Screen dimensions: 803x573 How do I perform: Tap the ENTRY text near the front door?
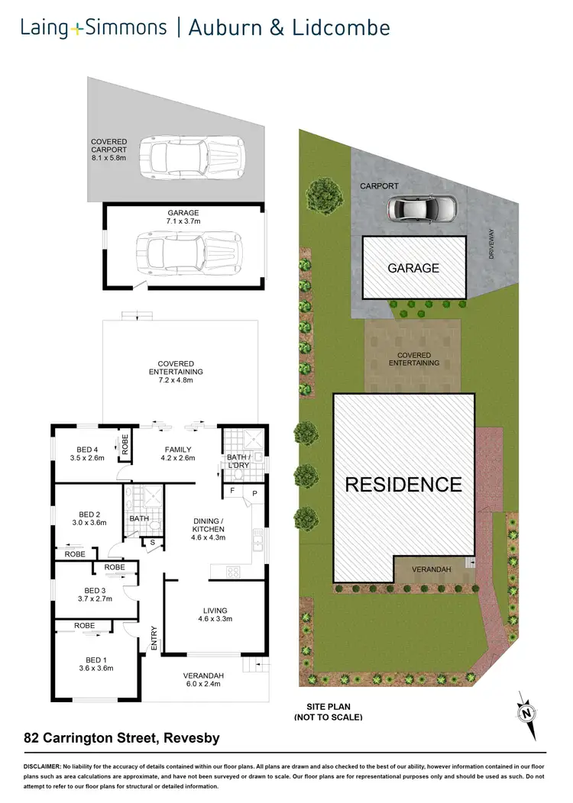pos(154,638)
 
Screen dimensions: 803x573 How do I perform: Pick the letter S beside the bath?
pos(154,543)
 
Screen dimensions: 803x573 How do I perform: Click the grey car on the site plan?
pos(421,207)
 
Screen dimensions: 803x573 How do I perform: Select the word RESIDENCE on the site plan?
pos(403,485)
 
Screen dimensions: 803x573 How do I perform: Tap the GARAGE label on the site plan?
pos(413,268)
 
